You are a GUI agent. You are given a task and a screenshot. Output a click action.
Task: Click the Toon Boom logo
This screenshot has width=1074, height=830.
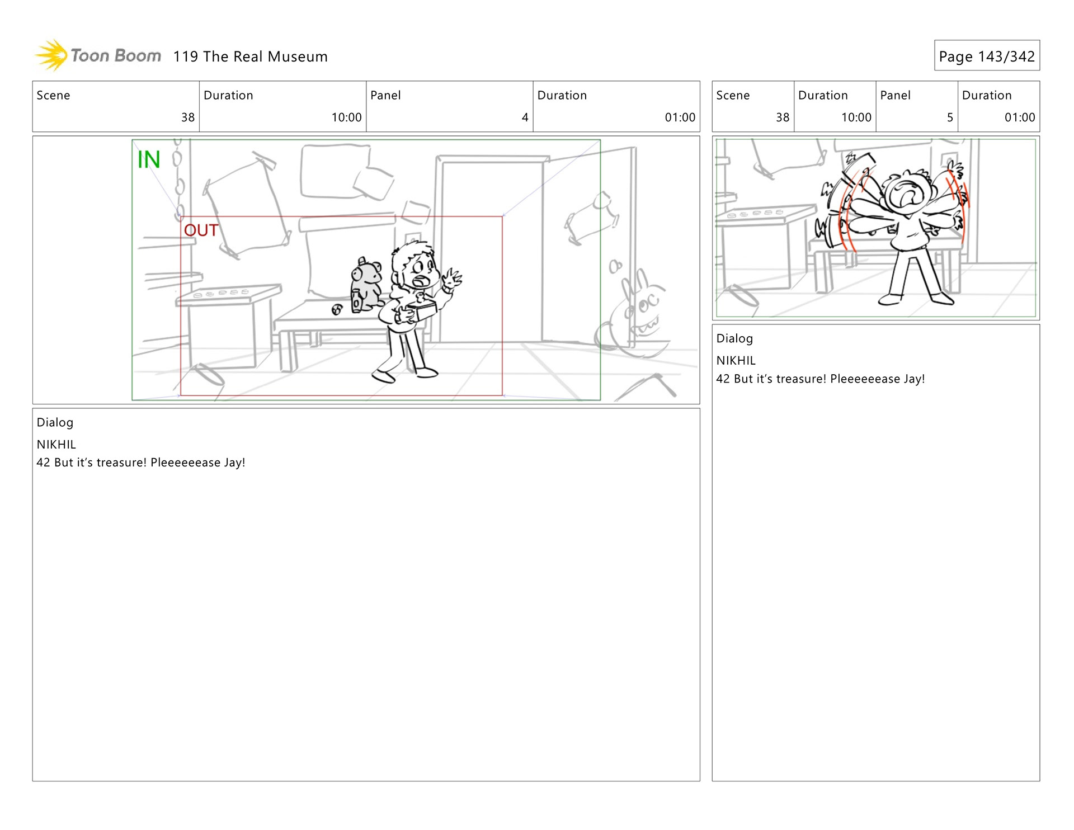[x=98, y=55]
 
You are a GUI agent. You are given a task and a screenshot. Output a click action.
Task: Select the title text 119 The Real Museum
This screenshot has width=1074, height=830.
[x=250, y=56]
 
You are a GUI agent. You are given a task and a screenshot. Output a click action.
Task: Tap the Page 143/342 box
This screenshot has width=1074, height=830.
[x=987, y=55]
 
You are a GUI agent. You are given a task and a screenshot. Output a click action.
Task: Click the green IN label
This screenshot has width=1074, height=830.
[x=149, y=159]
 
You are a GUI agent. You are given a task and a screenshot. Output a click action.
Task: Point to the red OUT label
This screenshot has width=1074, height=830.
[x=201, y=230]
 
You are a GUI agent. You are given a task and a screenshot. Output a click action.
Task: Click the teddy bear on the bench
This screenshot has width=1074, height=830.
[x=366, y=285]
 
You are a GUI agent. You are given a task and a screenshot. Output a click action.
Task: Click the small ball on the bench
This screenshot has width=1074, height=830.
[x=337, y=309]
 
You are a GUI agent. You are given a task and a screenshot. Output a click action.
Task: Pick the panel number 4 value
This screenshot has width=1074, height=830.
[x=525, y=117]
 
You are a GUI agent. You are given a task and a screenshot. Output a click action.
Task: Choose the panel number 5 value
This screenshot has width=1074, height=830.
[x=950, y=117]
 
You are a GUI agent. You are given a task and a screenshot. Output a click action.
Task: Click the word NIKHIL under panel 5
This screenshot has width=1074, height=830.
[x=736, y=361]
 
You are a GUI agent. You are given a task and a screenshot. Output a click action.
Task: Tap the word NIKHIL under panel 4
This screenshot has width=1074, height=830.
[x=56, y=445]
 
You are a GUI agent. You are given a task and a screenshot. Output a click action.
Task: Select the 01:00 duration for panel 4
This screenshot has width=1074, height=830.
[x=680, y=117]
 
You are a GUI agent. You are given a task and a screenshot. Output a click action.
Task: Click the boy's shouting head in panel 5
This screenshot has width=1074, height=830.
[x=906, y=193]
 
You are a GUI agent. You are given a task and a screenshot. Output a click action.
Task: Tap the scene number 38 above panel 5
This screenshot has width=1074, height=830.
[x=782, y=117]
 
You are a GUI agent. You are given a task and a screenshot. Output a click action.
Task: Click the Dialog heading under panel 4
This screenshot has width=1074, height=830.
[x=55, y=422]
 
